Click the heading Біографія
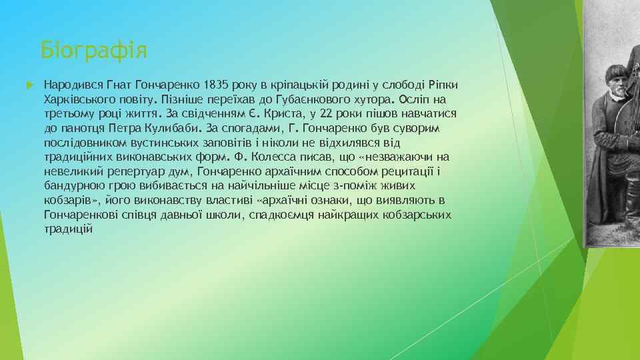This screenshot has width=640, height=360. [94, 49]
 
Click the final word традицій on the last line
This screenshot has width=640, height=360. [68, 229]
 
